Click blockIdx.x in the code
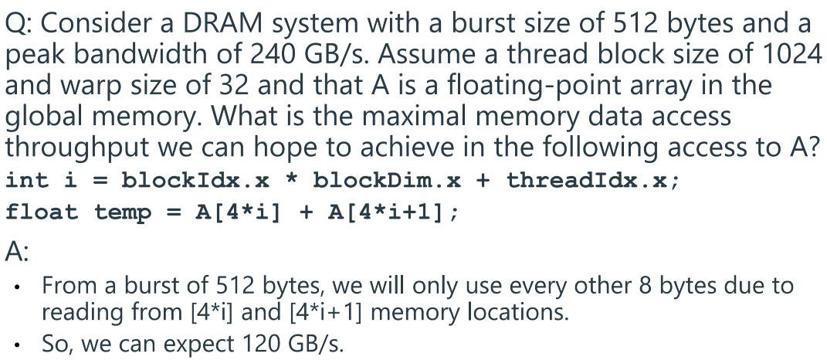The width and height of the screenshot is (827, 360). coord(196,181)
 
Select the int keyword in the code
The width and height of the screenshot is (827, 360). coord(25,181)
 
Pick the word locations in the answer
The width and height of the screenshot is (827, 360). coord(518,313)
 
